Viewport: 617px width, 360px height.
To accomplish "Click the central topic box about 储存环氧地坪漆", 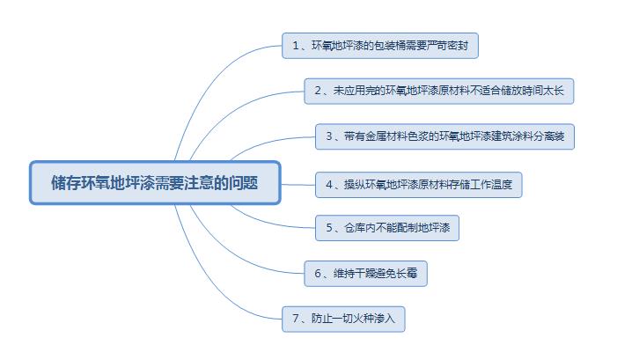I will (x=155, y=182).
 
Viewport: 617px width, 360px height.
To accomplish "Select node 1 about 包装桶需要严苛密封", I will (x=379, y=45).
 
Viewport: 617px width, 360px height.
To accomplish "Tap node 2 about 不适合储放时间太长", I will (x=439, y=90).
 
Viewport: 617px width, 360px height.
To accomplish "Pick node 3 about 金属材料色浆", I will (x=444, y=136).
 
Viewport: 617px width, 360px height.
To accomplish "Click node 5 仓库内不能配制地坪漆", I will (x=387, y=228).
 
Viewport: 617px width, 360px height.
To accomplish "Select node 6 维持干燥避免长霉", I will (x=368, y=274).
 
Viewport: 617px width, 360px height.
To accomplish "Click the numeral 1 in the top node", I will (x=295, y=45).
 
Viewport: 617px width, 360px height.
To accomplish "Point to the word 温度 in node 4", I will (x=510, y=185).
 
